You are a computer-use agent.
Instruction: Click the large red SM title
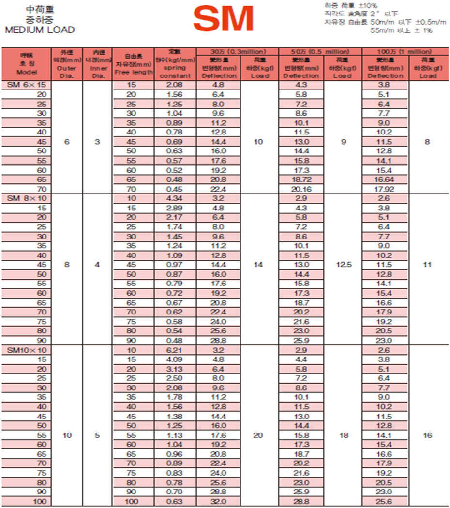pyautogui.click(x=224, y=20)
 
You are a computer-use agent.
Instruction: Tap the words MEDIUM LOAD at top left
pyautogui.click(x=40, y=30)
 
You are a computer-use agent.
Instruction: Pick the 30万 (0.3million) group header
pyautogui.click(x=237, y=51)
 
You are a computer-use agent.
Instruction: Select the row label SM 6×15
pyautogui.click(x=26, y=85)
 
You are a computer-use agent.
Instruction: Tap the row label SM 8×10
pyautogui.click(x=26, y=198)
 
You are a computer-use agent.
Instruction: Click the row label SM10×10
pyautogui.click(x=26, y=350)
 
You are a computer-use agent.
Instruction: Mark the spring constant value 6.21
pyautogui.click(x=175, y=350)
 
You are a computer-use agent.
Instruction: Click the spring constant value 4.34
pyautogui.click(x=175, y=198)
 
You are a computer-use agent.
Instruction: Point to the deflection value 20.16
pyautogui.click(x=301, y=189)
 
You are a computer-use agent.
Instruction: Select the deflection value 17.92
pyautogui.click(x=385, y=189)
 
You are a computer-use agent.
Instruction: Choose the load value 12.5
pyautogui.click(x=343, y=265)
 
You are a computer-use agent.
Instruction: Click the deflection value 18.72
pyautogui.click(x=301, y=179)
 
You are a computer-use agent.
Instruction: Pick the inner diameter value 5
pyautogui.click(x=97, y=435)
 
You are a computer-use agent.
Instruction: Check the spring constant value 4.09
pyautogui.click(x=175, y=359)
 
